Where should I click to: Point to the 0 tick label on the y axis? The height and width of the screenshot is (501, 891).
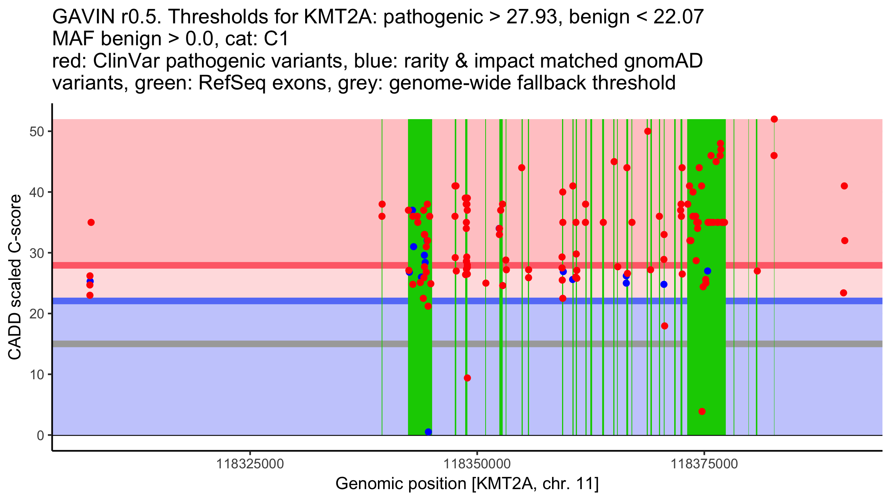point(40,435)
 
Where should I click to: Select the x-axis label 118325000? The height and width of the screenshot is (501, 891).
point(250,464)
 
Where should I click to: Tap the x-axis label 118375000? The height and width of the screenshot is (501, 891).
point(704,464)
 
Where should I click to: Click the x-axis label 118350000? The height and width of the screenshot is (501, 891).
point(477,464)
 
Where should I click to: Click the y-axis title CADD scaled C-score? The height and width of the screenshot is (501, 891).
point(15,278)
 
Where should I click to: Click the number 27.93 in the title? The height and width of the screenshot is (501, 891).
point(532,17)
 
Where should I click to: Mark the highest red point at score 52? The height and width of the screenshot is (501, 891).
point(774,119)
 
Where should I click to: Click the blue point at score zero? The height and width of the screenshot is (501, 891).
point(428,432)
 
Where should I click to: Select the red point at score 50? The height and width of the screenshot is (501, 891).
point(648,131)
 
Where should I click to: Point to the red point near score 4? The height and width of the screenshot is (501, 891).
point(702,412)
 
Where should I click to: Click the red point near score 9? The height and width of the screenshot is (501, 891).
point(467,378)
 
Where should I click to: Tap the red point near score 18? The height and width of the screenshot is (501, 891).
point(665,326)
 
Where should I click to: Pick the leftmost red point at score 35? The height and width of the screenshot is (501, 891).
point(91,223)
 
